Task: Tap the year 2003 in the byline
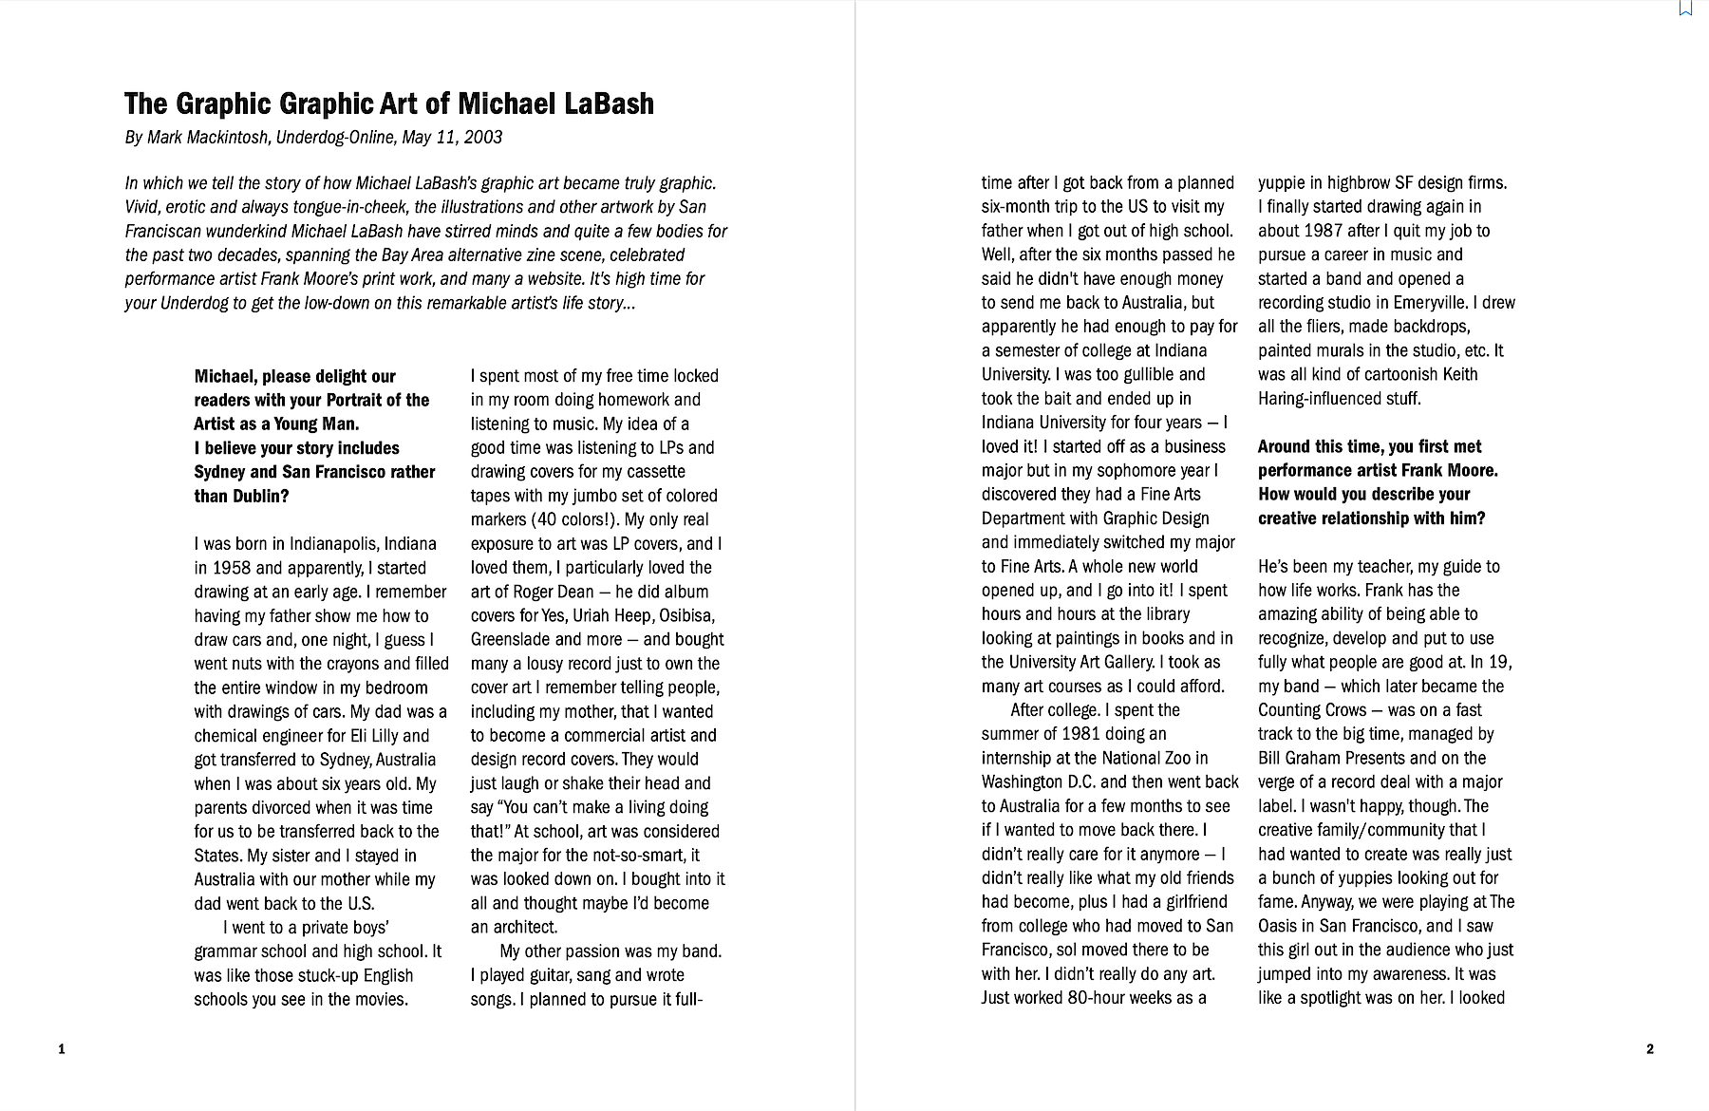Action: pyautogui.click(x=482, y=138)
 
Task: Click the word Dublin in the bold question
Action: pyautogui.click(x=257, y=496)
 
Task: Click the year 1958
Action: pyautogui.click(x=232, y=568)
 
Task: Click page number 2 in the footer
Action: pyautogui.click(x=1649, y=1049)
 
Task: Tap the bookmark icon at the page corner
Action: pyautogui.click(x=1686, y=8)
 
